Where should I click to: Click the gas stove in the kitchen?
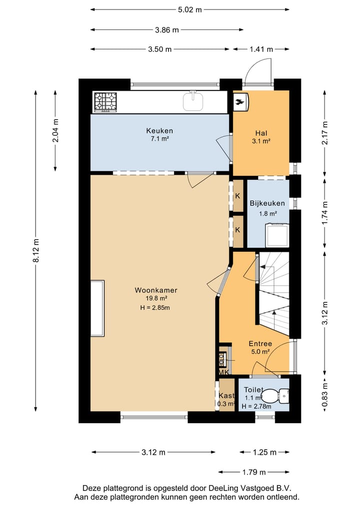(105, 102)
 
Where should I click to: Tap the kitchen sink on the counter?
(193, 101)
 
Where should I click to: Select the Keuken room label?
(159, 131)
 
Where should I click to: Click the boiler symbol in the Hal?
(241, 102)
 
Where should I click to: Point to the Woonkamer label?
(155, 290)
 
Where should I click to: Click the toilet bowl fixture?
(275, 396)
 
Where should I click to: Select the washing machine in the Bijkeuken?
(277, 235)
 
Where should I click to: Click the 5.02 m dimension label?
(189, 9)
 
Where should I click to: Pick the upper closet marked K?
(237, 196)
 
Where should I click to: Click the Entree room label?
(260, 344)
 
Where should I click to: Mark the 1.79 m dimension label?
(254, 473)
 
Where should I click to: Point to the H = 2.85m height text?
(155, 308)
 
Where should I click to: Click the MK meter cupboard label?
(224, 372)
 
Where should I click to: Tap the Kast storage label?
(226, 396)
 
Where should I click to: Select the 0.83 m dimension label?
(325, 395)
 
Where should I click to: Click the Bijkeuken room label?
(267, 203)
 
